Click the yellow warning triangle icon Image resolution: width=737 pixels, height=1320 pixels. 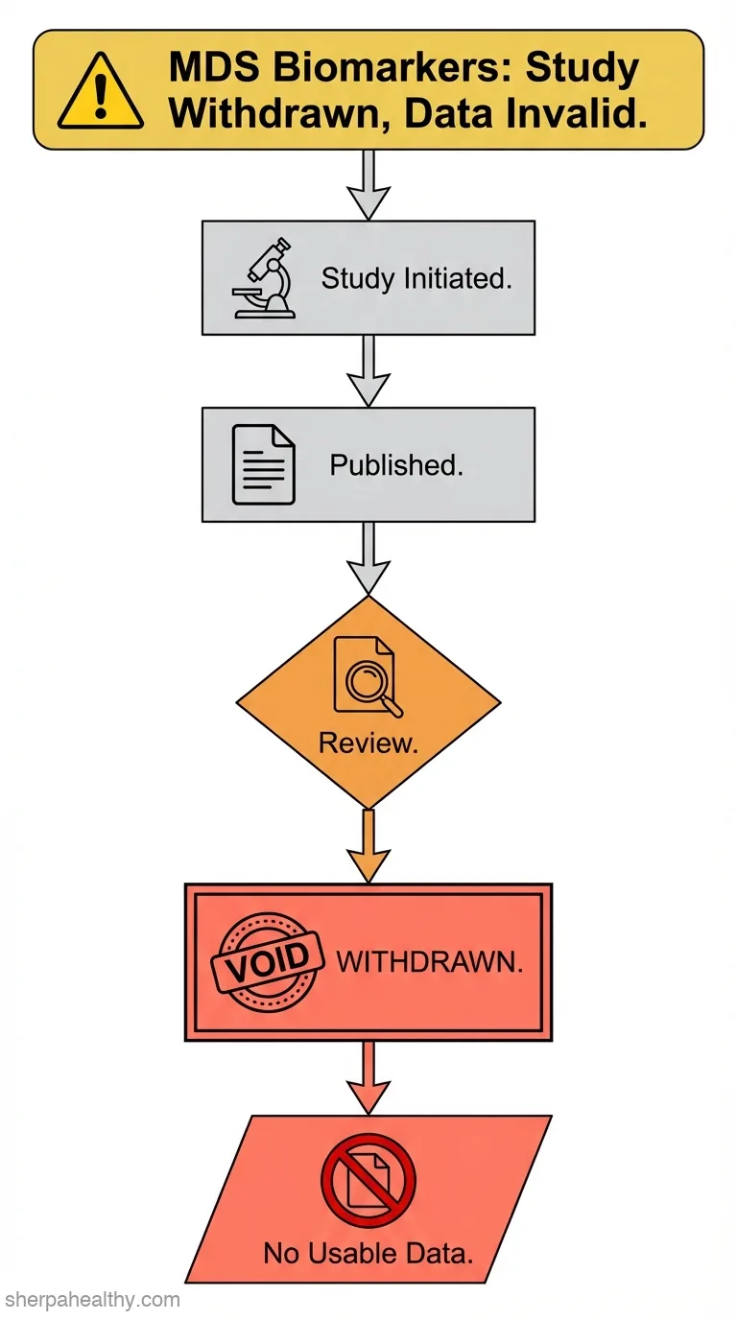point(100,91)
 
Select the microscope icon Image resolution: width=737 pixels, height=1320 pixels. point(264,278)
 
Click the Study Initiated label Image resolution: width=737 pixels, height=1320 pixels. point(416,278)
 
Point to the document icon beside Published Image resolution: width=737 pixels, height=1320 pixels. point(263,465)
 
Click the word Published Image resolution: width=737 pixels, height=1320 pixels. point(396,465)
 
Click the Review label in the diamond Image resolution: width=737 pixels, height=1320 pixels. point(368,743)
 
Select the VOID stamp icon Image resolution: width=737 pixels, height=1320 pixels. point(269,962)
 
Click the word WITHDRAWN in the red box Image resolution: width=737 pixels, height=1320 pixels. point(430,962)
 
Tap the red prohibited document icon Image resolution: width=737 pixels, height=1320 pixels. point(368,1179)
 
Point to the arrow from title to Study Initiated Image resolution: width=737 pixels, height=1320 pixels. point(368,185)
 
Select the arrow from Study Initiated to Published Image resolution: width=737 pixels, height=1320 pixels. point(368,371)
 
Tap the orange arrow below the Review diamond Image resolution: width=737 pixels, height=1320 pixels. point(368,846)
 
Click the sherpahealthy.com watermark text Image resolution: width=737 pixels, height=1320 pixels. point(92,1300)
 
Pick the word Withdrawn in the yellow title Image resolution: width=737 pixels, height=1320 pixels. point(278,114)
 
